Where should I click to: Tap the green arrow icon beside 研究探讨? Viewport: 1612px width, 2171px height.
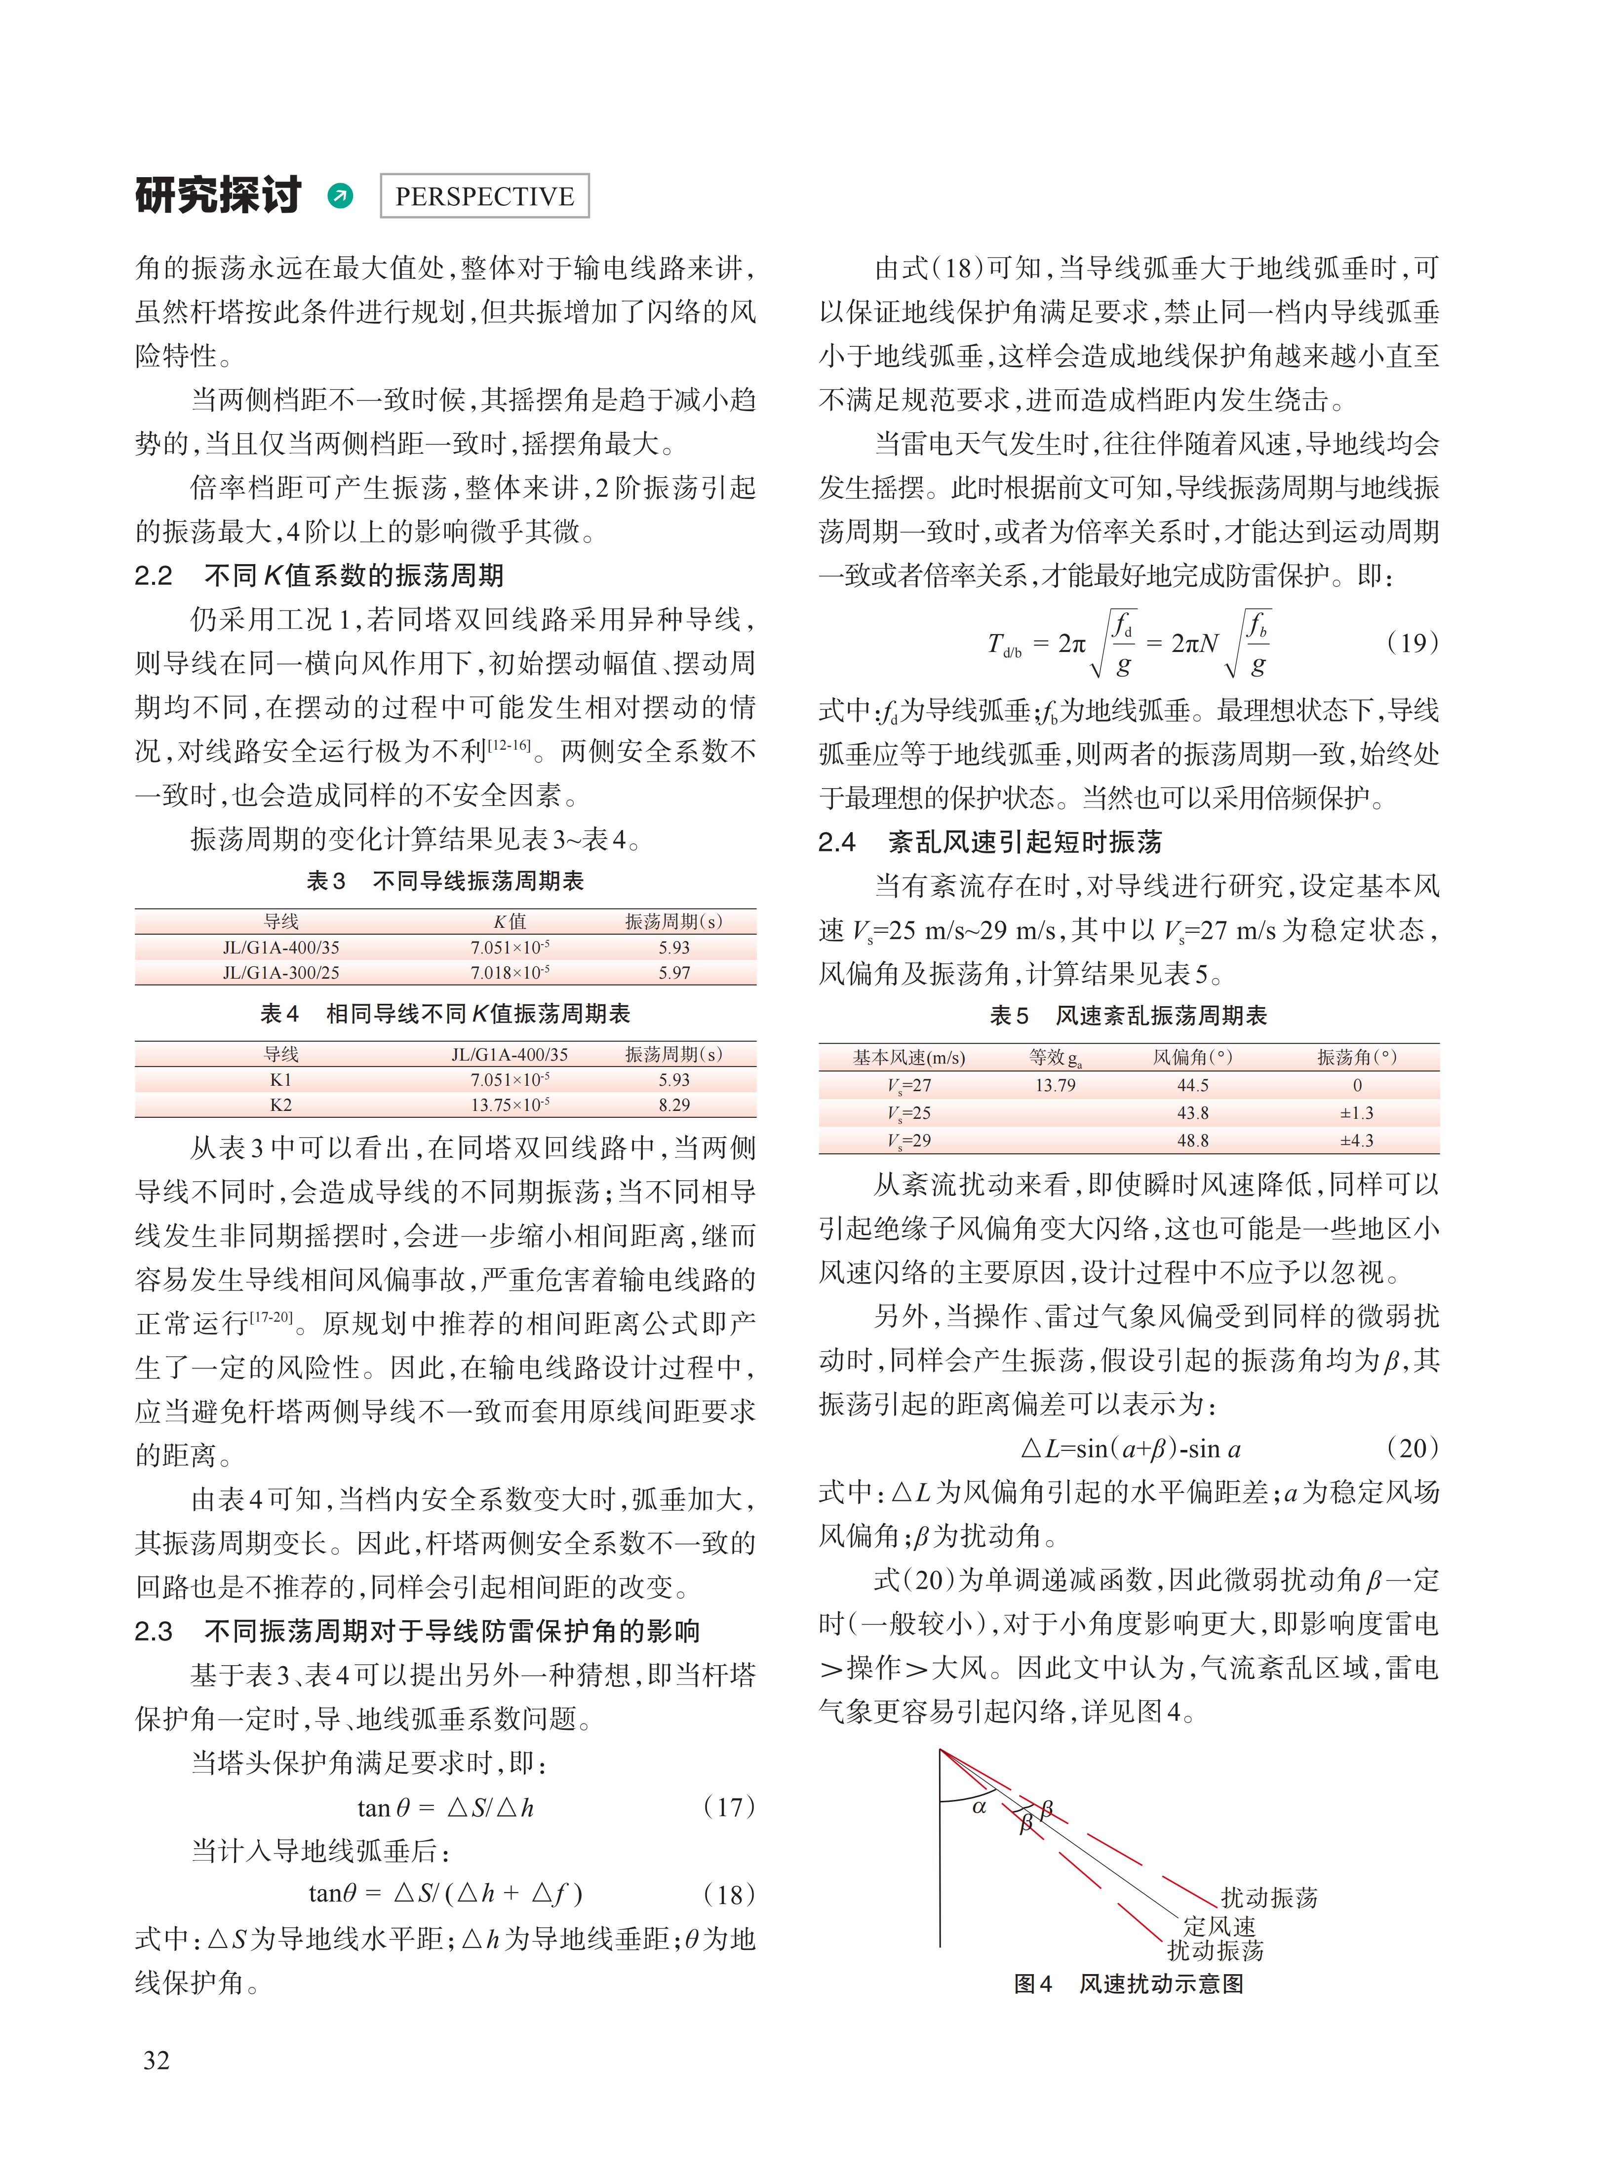[341, 196]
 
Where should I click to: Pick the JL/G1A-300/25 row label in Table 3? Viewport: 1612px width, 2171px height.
[281, 972]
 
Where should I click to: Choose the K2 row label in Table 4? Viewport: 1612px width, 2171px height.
[281, 1105]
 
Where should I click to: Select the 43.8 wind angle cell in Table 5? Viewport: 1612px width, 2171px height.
[1192, 1113]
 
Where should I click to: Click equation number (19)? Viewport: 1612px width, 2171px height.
[1412, 643]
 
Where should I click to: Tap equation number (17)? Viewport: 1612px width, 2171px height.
[729, 1807]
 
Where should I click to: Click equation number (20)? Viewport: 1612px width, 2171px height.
[1412, 1448]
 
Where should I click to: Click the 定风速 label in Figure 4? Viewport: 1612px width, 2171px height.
[1219, 1926]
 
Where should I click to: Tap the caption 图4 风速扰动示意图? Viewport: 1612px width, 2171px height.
[1129, 1984]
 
